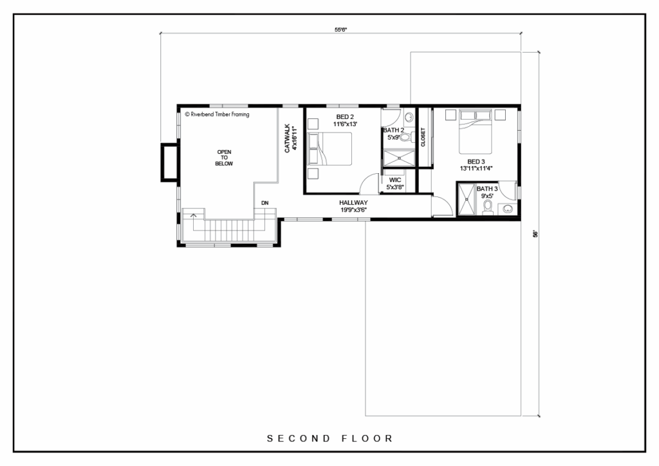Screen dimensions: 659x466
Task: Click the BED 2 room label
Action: (345, 116)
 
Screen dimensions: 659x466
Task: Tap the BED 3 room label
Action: (476, 162)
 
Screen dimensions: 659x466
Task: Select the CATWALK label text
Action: (288, 138)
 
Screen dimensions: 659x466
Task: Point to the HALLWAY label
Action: (353, 203)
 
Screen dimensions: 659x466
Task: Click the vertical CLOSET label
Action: (423, 137)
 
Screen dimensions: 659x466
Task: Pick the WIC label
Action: (395, 180)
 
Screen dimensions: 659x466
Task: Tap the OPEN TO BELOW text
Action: (224, 158)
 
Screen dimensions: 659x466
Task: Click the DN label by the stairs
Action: (265, 203)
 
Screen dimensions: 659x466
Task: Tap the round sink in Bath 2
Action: (409, 116)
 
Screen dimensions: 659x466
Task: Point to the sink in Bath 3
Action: (508, 209)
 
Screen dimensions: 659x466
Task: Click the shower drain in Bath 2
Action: (399, 158)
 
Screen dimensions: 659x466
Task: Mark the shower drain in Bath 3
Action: (466, 199)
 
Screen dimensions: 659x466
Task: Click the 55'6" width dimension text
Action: (341, 30)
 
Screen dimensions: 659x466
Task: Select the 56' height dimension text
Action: (535, 234)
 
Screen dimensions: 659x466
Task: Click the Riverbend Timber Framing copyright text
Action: (218, 115)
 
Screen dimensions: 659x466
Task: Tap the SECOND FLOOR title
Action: (330, 439)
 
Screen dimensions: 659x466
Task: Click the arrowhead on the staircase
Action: (193, 216)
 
